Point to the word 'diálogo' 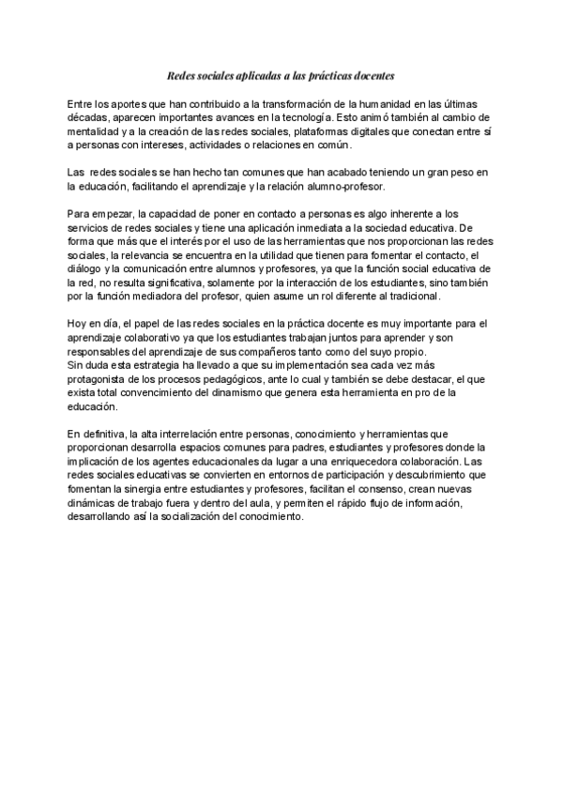[x=89, y=269]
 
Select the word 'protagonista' [x=100, y=379]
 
